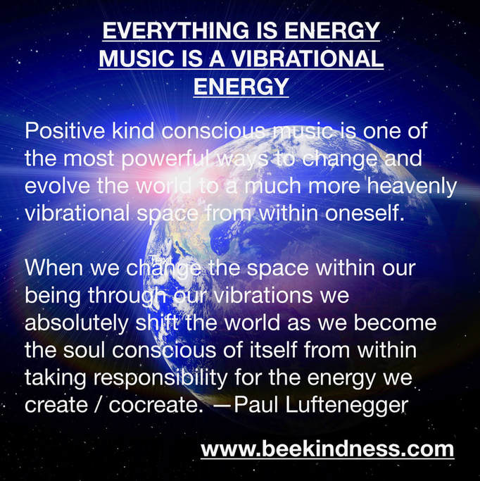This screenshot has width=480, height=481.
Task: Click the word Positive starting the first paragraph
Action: point(65,131)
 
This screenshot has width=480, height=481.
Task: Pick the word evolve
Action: point(57,186)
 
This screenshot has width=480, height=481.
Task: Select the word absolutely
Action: point(77,324)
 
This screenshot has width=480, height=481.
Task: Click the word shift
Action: point(157,323)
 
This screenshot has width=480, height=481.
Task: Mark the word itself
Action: point(273,350)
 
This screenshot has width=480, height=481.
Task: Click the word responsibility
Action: point(160,379)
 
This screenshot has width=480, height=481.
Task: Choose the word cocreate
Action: point(156,406)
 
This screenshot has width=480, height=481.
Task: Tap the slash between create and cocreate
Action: point(98,405)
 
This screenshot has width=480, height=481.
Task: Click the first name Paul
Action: point(256,405)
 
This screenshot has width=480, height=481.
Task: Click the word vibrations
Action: point(263,295)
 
